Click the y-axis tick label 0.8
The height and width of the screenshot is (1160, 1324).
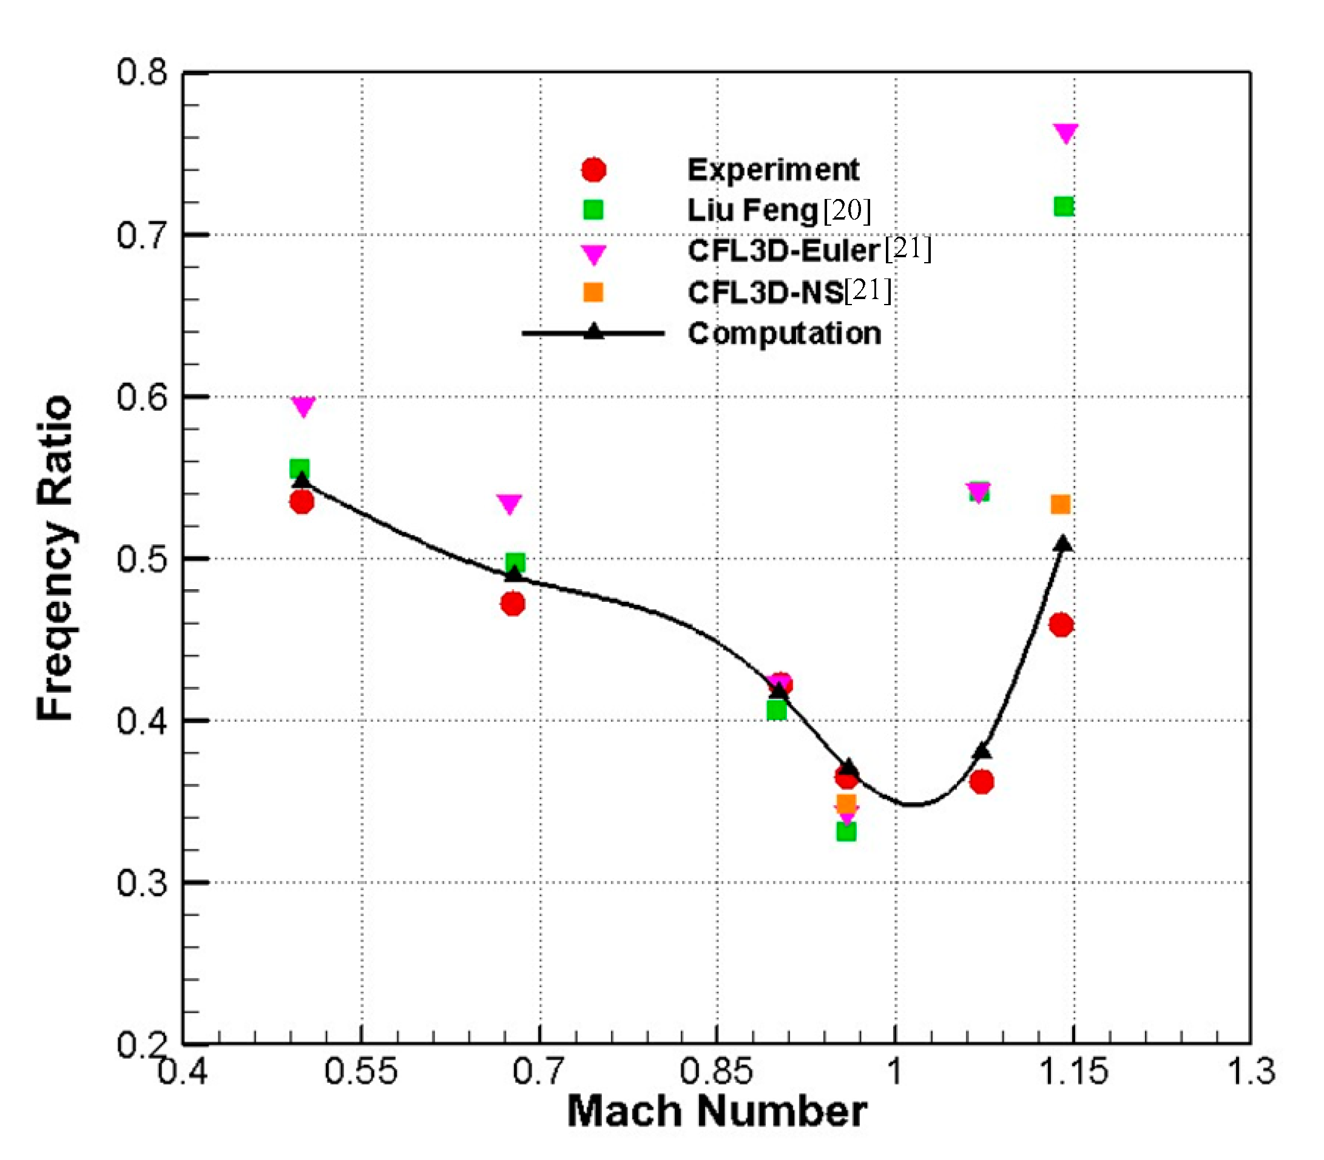[x=142, y=73]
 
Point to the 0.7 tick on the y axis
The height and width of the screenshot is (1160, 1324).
[x=142, y=235]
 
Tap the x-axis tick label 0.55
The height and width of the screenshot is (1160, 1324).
[x=360, y=1071]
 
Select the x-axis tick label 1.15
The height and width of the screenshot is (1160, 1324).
[x=1073, y=1071]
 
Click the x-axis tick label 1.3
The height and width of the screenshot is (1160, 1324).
[x=1251, y=1071]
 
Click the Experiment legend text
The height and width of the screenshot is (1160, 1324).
[x=773, y=170]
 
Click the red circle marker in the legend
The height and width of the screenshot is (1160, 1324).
[x=593, y=170]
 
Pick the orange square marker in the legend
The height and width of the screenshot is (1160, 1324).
[x=593, y=292]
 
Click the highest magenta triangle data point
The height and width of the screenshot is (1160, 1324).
[x=1066, y=132]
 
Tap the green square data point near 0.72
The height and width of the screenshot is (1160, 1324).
[x=1064, y=206]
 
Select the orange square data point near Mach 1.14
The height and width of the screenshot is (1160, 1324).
[x=1060, y=504]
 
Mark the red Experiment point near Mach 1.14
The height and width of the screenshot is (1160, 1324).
[x=1061, y=625]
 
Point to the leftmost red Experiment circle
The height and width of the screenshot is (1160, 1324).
[x=302, y=502]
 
